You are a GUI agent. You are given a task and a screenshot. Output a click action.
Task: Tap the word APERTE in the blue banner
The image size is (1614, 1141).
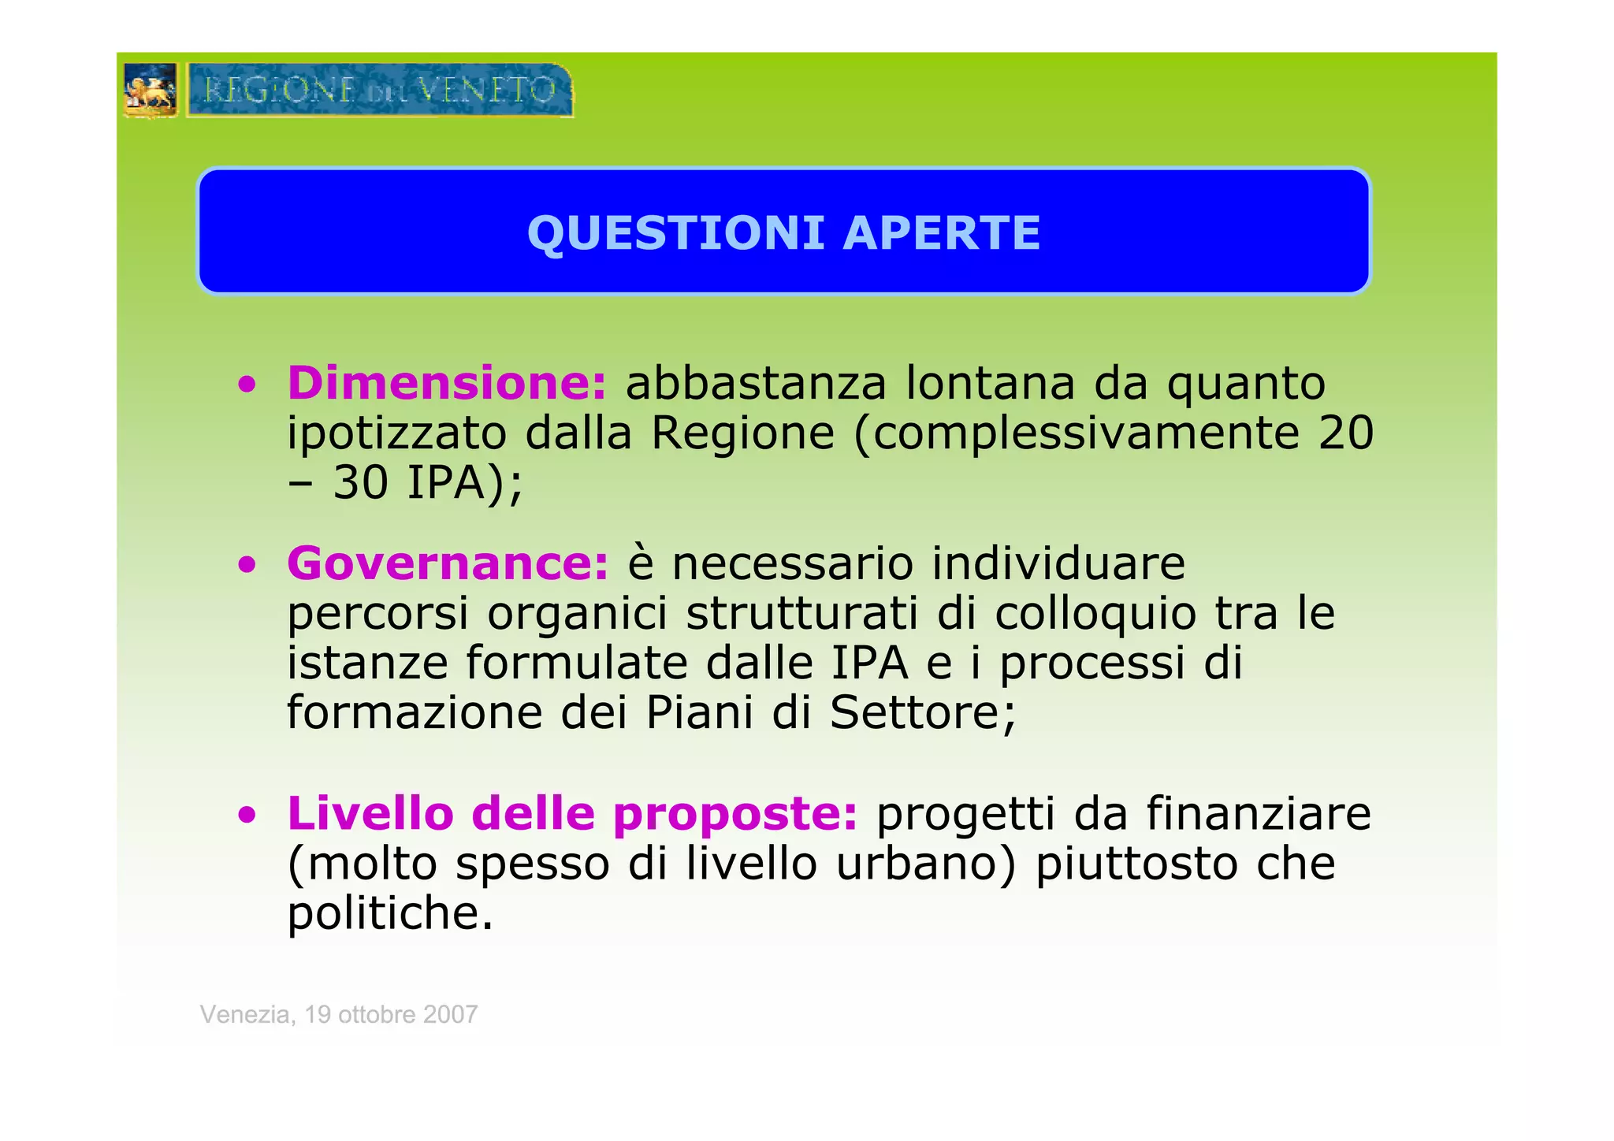pyautogui.click(x=942, y=233)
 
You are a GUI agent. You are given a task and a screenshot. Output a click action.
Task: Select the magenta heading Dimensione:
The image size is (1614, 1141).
pyautogui.click(x=447, y=384)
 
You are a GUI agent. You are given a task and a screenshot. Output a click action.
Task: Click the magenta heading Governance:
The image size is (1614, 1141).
pyautogui.click(x=448, y=564)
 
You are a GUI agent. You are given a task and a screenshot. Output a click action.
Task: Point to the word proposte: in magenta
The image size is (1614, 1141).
pyautogui.click(x=734, y=814)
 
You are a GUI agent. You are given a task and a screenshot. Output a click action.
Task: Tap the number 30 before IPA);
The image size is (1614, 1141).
pyautogui.click(x=360, y=483)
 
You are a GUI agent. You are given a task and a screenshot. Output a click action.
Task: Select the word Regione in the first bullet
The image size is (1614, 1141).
pyautogui.click(x=742, y=434)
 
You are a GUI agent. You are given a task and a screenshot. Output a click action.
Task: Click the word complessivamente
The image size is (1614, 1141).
pyautogui.click(x=1086, y=434)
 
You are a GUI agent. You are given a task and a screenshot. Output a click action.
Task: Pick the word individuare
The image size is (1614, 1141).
pyautogui.click(x=1058, y=564)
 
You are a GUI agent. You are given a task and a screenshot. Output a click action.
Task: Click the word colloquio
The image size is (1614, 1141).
pyautogui.click(x=1095, y=615)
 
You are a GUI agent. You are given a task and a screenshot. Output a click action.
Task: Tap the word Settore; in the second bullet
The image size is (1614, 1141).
pyautogui.click(x=923, y=713)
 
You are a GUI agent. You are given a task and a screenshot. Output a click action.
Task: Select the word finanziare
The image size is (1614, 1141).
pyautogui.click(x=1259, y=814)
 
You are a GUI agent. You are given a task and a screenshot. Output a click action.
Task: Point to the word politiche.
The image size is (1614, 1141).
pyautogui.click(x=390, y=914)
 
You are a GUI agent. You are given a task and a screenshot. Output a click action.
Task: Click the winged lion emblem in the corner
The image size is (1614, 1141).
pyautogui.click(x=151, y=91)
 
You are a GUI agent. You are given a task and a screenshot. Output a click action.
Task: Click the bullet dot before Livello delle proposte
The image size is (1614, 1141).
pyautogui.click(x=248, y=816)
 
